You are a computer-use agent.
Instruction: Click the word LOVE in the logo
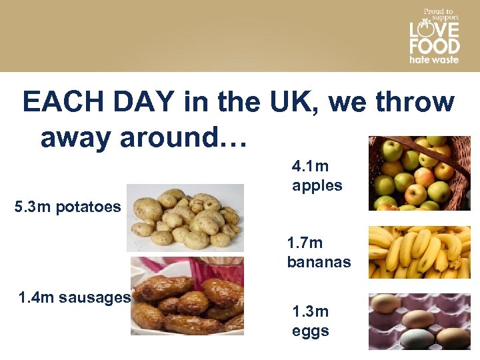pyautogui.click(x=434, y=30)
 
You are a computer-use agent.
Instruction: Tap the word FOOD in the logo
pyautogui.click(x=434, y=46)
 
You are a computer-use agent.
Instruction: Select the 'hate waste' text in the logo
pyautogui.click(x=434, y=59)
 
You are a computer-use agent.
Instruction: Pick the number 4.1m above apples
pyautogui.click(x=310, y=165)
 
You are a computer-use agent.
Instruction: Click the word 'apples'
pyautogui.click(x=317, y=185)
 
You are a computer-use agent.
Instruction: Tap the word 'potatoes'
pyautogui.click(x=88, y=207)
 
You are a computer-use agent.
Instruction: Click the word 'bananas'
pyautogui.click(x=319, y=262)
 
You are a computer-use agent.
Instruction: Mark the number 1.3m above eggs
pyautogui.click(x=310, y=311)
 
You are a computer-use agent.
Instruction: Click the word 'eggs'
pyautogui.click(x=310, y=331)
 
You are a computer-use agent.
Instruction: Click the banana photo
pyautogui.click(x=419, y=252)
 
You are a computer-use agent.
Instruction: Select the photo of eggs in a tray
pyautogui.click(x=419, y=321)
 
